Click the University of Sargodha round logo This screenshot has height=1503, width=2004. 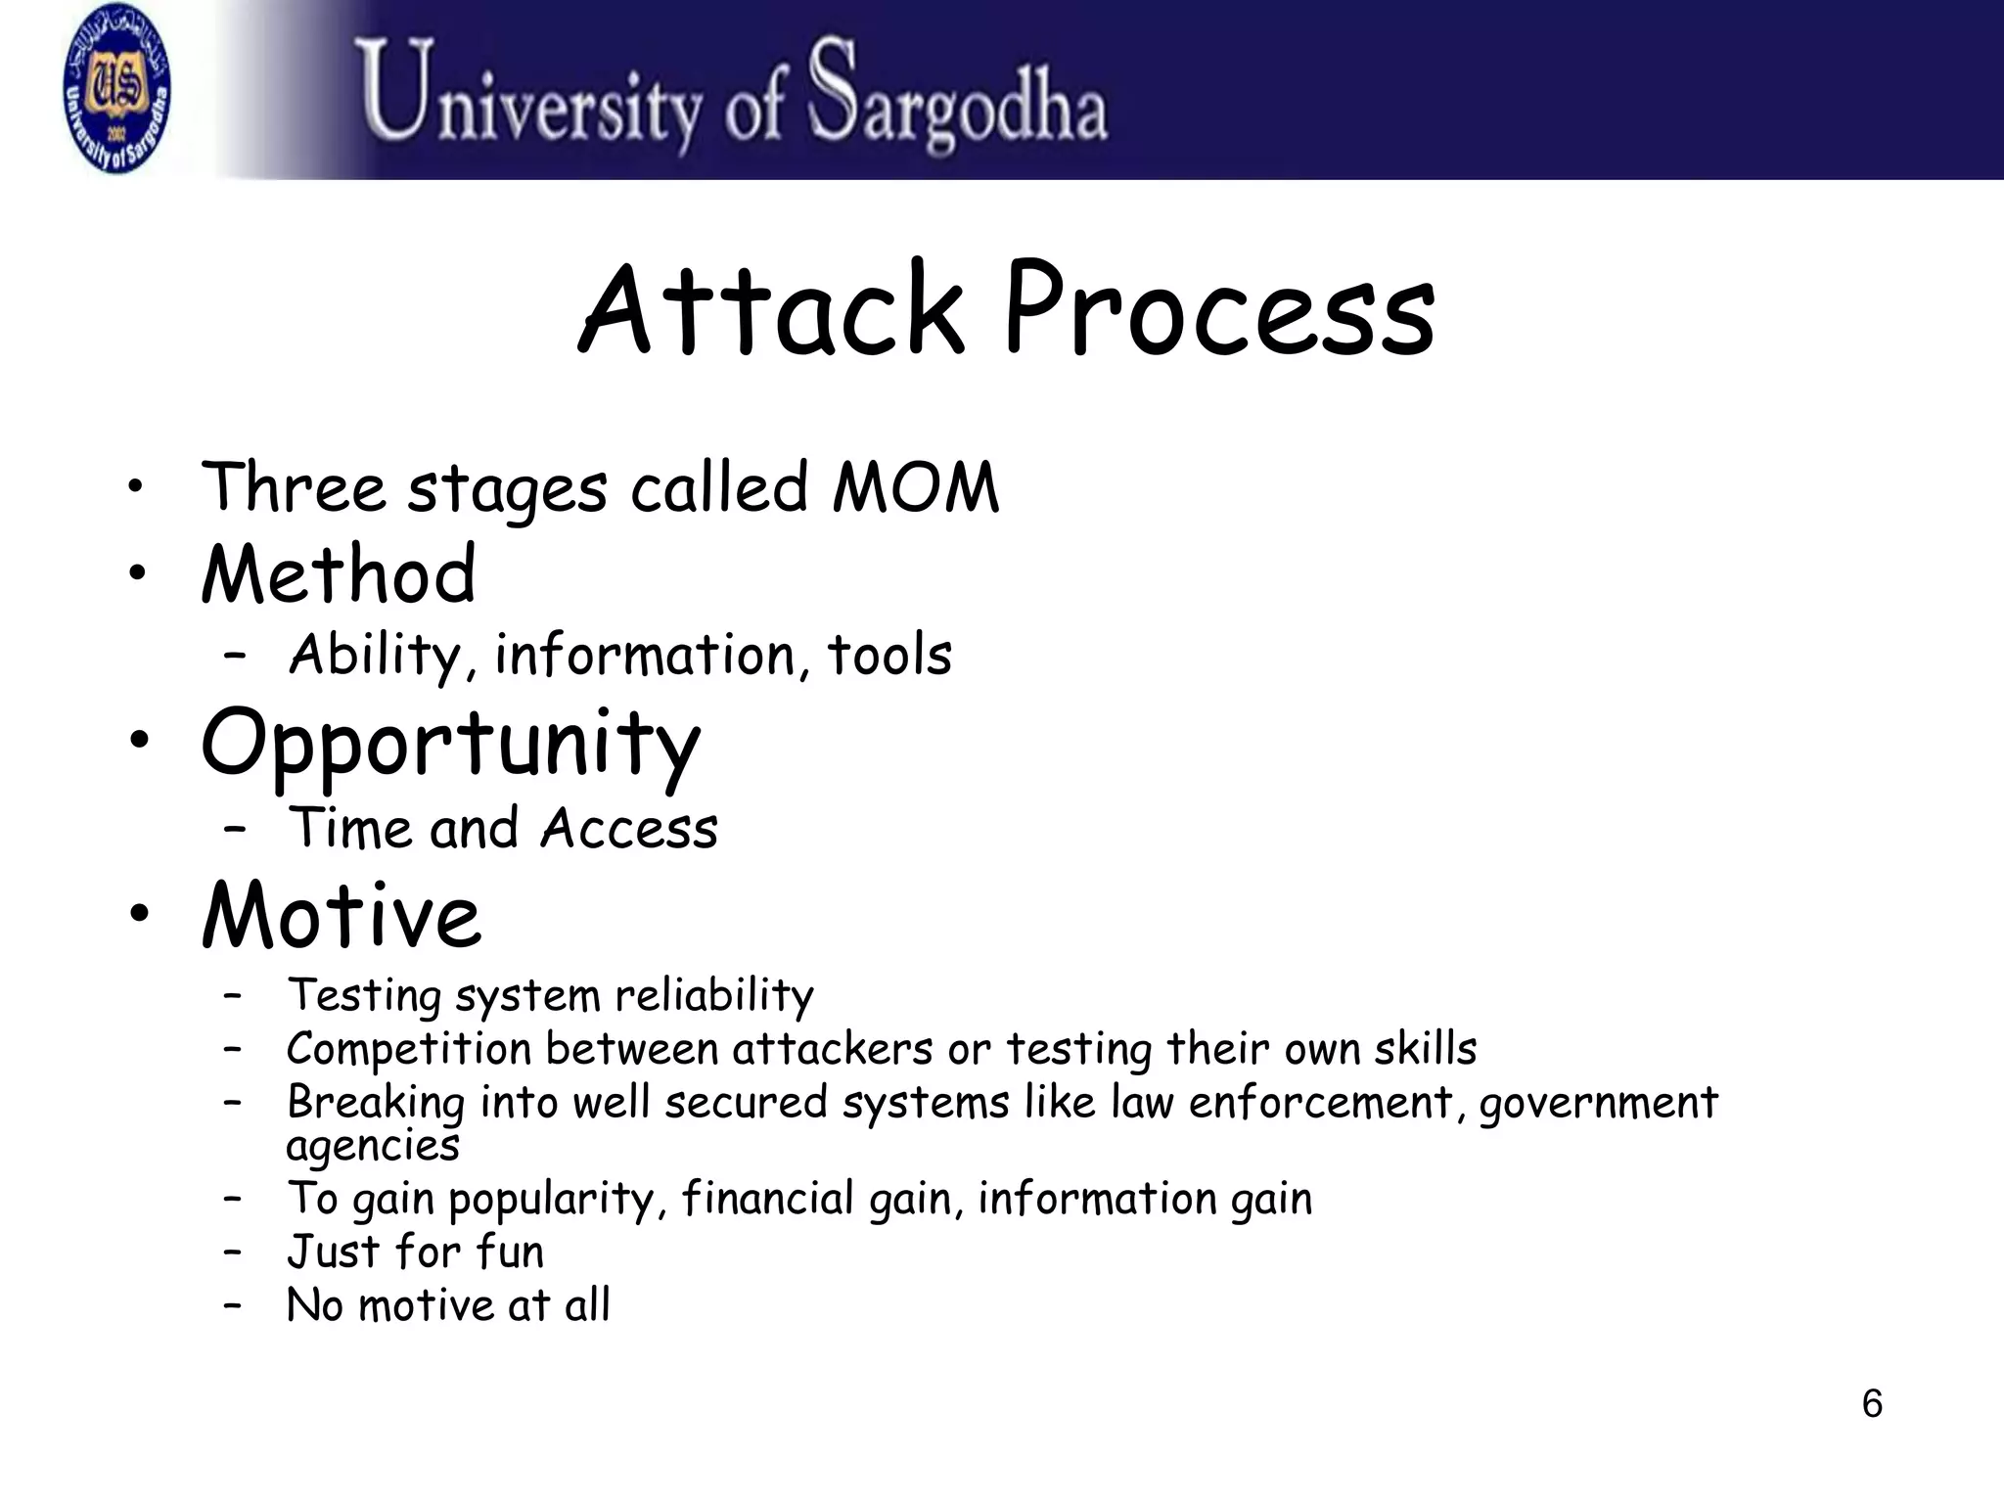(116, 89)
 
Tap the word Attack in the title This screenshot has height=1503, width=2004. (772, 311)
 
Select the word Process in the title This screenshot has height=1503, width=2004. (1219, 311)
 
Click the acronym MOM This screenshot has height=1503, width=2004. (915, 487)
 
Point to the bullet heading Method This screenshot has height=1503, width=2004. (339, 574)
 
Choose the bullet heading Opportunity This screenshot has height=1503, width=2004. (451, 744)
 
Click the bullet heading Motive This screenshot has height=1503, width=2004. (342, 915)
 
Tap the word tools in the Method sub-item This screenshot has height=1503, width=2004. (889, 656)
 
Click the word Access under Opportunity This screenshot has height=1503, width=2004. (629, 829)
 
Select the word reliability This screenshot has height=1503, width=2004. (714, 996)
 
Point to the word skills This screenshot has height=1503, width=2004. (1425, 1049)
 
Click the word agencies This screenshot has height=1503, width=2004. (373, 1146)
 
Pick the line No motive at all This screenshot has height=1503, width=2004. (448, 1305)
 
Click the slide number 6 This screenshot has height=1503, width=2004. (1871, 1404)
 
